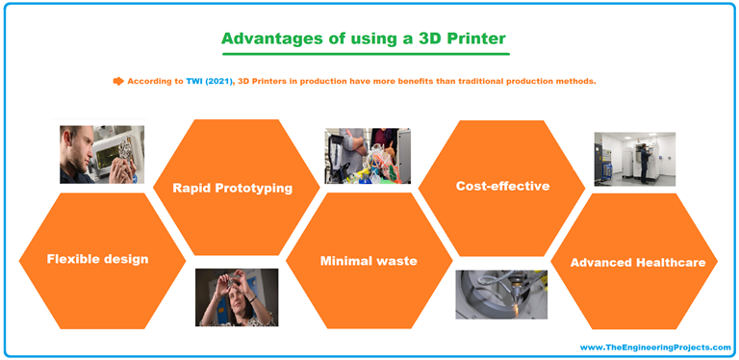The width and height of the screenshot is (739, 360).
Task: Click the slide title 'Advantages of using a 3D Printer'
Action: click(364, 39)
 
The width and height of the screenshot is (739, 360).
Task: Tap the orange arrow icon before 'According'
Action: click(119, 81)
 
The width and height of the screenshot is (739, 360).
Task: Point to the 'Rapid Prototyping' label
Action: click(232, 188)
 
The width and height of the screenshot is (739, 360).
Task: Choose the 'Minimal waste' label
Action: click(369, 260)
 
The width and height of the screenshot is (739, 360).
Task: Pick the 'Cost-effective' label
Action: click(502, 186)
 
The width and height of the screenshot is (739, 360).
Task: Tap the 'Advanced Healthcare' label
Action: click(637, 262)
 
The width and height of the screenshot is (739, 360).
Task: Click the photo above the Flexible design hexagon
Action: click(102, 152)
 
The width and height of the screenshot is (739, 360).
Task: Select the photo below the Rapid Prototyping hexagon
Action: click(237, 296)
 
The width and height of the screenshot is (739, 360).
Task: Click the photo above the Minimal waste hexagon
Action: click(368, 155)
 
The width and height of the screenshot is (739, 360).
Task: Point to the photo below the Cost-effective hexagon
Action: click(501, 294)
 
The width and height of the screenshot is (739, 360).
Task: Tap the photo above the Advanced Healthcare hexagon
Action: click(634, 158)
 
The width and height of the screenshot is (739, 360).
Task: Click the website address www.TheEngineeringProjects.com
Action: click(655, 347)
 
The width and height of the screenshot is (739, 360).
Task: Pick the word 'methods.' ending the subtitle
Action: click(574, 81)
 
